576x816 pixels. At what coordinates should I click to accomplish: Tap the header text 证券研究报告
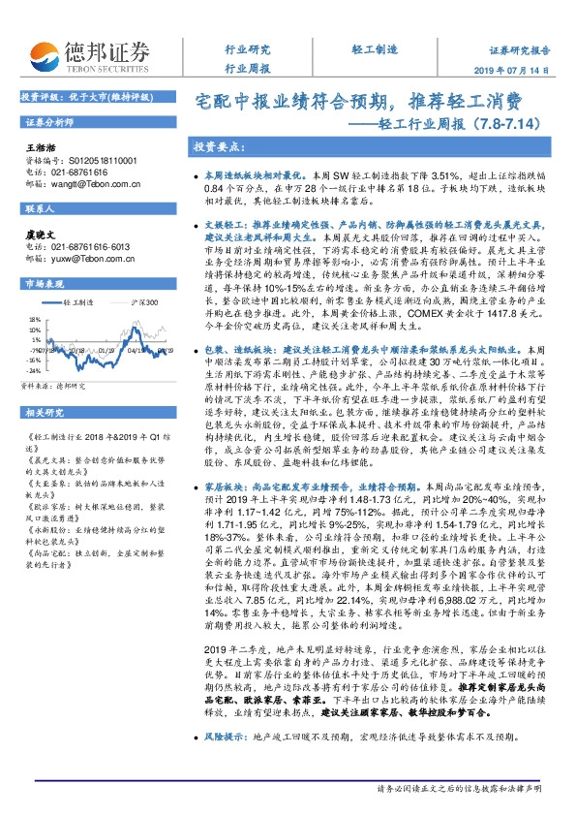tap(519, 49)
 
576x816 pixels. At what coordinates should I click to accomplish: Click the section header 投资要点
tap(219, 147)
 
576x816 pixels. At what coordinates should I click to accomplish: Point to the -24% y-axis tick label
tap(33, 343)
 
